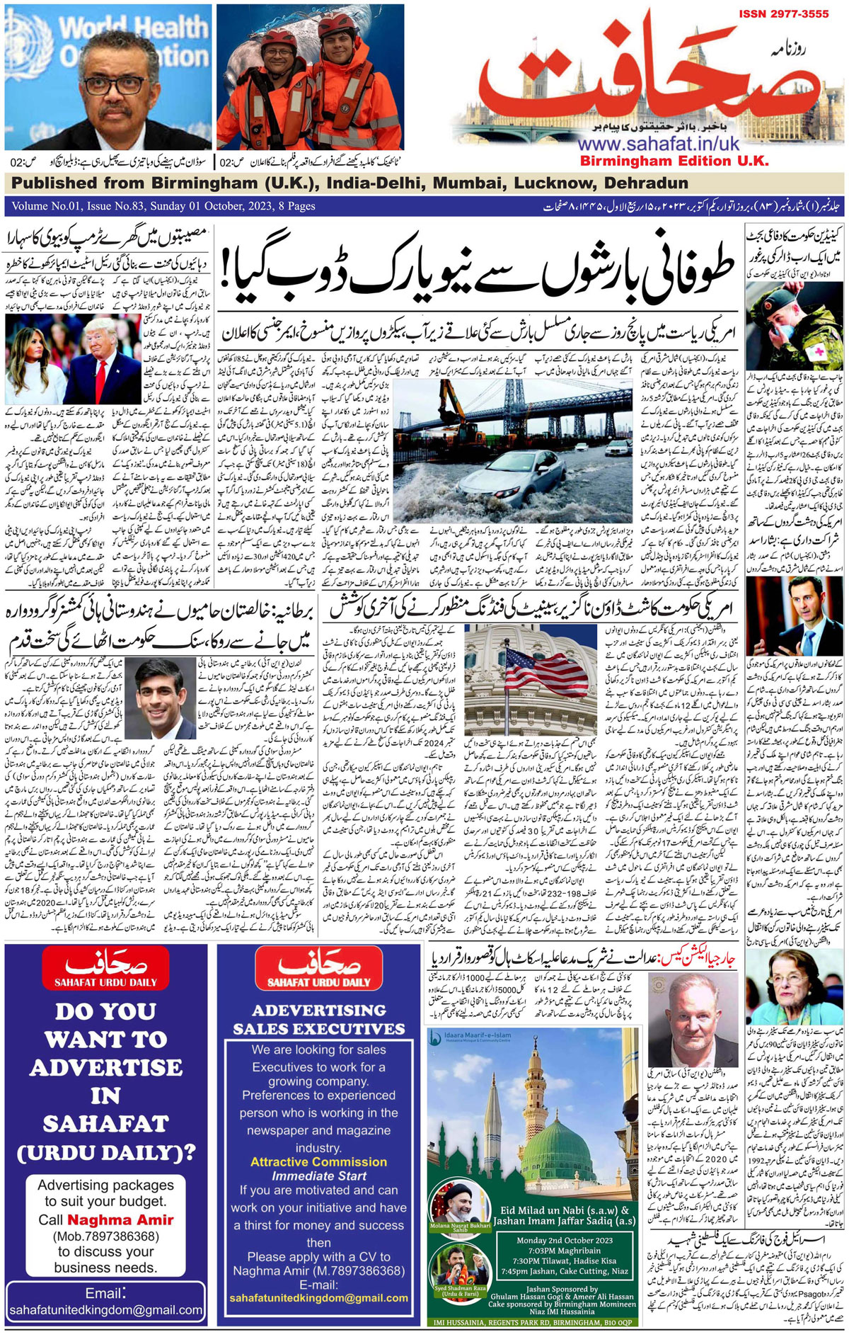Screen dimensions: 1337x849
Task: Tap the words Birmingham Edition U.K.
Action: (x=674, y=161)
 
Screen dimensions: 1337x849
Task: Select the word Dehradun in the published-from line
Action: (x=646, y=183)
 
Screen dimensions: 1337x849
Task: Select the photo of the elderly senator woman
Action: (x=795, y=987)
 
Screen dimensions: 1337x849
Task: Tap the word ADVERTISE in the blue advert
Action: (x=105, y=1068)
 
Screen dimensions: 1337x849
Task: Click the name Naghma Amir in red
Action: (x=120, y=1219)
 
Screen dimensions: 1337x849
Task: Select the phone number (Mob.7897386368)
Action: (x=106, y=1236)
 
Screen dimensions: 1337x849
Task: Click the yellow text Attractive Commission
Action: (x=318, y=1162)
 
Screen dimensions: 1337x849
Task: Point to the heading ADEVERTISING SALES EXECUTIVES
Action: (x=318, y=1020)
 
